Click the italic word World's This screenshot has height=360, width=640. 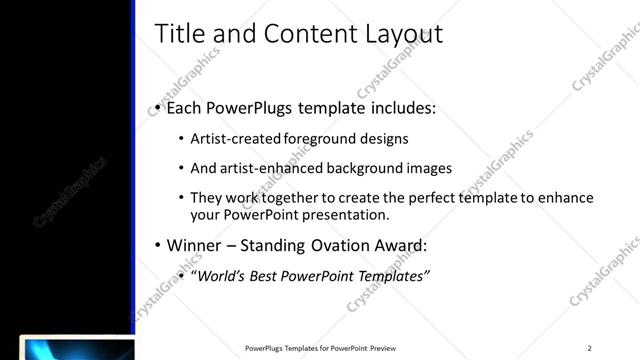223,276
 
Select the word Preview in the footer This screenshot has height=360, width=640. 390,348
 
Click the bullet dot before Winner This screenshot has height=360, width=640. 158,246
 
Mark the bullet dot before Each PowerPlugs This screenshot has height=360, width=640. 158,108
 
